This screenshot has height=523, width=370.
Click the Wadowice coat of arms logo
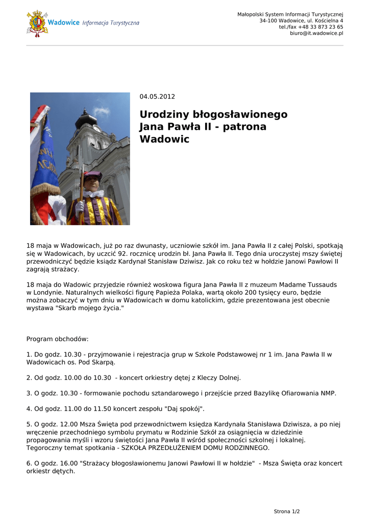pos(37,23)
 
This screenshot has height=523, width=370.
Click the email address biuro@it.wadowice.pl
pos(316,33)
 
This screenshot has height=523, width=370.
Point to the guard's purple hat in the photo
pos(92,176)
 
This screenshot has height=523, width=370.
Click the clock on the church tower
pos(96,128)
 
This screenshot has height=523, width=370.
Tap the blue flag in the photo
pos(45,153)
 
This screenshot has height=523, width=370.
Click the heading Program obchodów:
pos(57,339)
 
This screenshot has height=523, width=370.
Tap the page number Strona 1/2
pos(287,511)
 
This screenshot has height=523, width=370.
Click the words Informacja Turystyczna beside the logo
pos(111,23)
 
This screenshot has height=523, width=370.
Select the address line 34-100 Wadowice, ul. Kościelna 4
pos(301,20)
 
